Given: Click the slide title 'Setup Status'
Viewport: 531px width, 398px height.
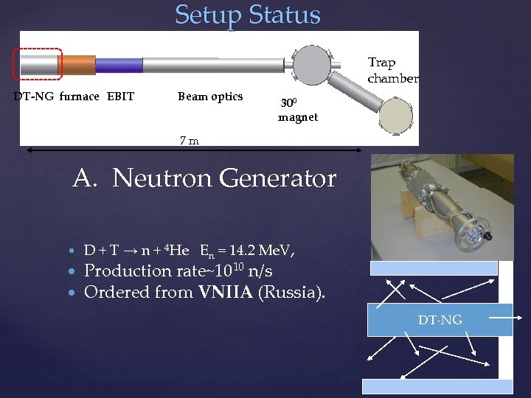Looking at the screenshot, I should (248, 15).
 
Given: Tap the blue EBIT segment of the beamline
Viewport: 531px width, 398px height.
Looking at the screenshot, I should (119, 65).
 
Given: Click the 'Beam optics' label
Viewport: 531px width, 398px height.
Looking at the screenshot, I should (210, 97).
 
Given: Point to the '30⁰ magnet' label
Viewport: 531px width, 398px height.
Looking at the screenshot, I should (297, 111).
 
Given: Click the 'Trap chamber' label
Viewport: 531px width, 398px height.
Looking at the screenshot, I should (392, 71).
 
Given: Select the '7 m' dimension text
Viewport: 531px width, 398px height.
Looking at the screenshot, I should (190, 140).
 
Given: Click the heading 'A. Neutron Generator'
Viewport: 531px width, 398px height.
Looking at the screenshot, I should (204, 178).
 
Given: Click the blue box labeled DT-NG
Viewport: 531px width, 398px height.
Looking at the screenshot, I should (440, 319).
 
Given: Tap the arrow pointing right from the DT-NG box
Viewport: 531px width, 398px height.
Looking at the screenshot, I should (508, 318).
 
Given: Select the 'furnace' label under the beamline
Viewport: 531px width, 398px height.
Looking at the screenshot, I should (79, 97).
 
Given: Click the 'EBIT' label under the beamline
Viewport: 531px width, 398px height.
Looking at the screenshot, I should (120, 97).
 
